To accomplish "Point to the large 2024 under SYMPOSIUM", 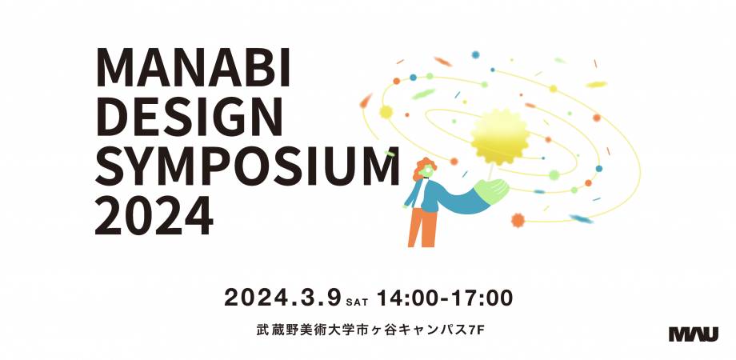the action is coord(154,214).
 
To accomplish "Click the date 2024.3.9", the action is coord(282,298).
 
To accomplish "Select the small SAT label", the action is coord(358,302).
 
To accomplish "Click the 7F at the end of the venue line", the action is coord(477,330).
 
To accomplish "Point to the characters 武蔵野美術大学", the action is coord(296,330).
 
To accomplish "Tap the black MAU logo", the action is coord(694,334).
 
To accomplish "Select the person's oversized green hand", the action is coord(491,190).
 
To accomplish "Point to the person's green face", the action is coord(426,171).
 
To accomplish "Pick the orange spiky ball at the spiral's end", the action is coord(518,220).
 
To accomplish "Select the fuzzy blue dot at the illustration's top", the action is coord(475,55).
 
